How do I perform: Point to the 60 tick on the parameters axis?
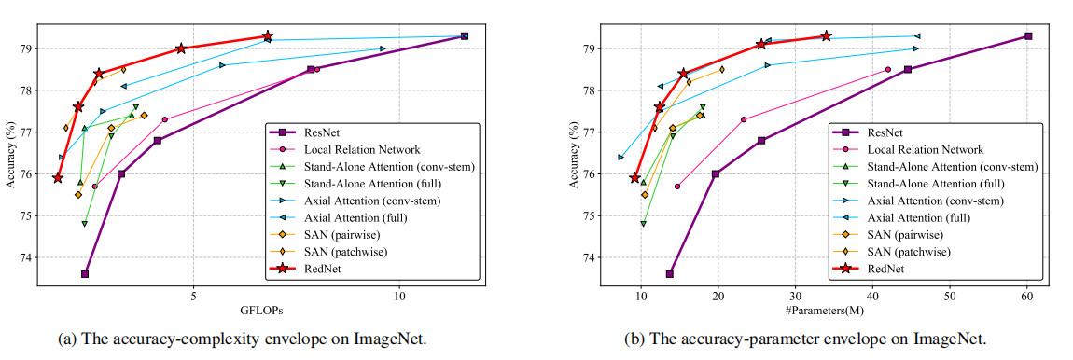tap(1027, 296)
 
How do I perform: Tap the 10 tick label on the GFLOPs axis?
tap(398, 296)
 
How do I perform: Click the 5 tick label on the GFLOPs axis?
tap(193, 296)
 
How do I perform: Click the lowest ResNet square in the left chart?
tap(85, 274)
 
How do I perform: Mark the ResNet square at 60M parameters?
tap(1027, 36)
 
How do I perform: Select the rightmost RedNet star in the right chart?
tap(826, 36)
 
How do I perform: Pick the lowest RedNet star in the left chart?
tap(58, 177)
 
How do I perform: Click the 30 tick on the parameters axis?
tap(795, 296)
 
